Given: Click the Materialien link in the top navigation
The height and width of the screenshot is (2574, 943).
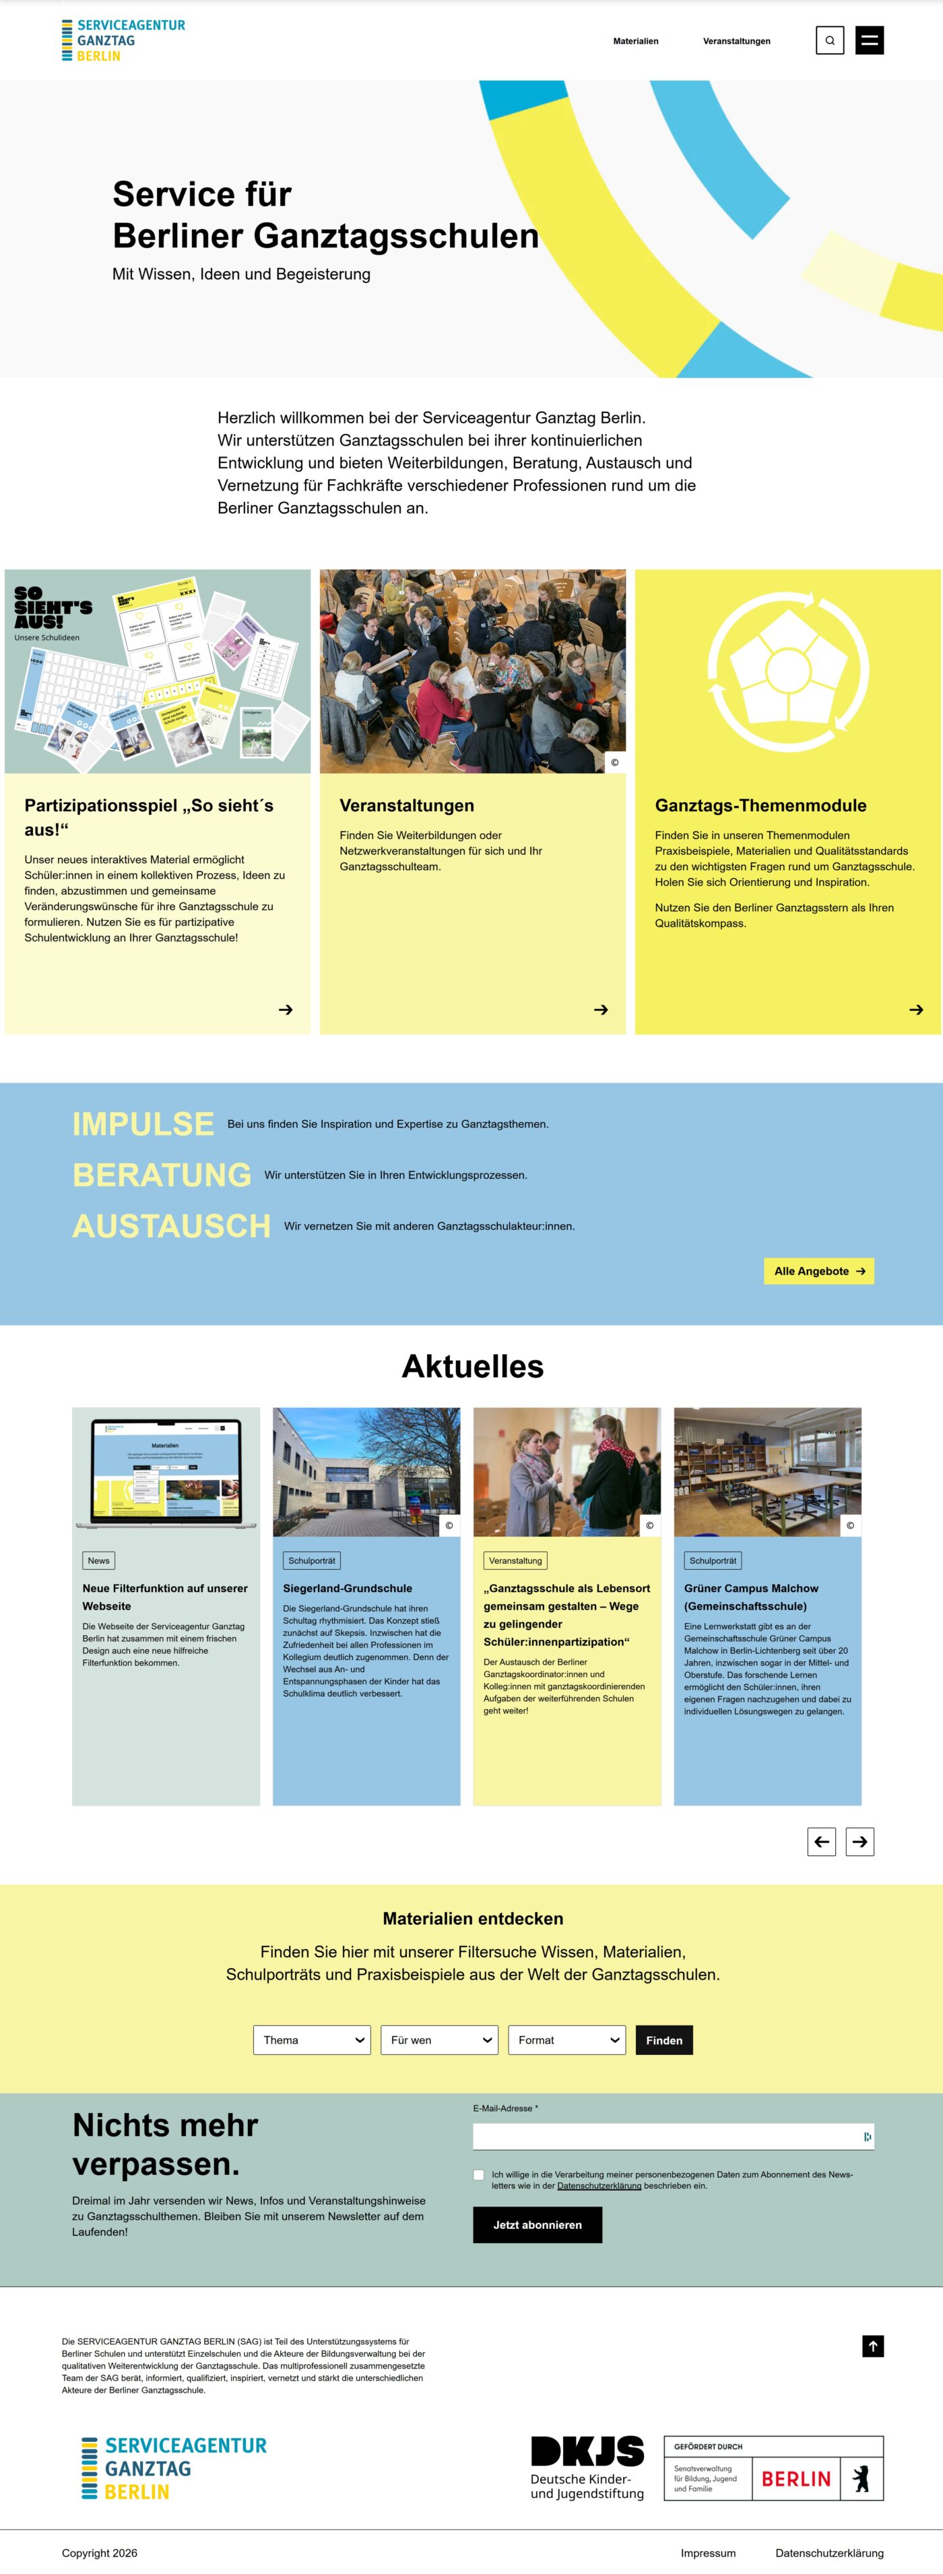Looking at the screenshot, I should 635,41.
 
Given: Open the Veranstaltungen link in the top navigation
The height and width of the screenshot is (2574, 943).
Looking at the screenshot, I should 736,41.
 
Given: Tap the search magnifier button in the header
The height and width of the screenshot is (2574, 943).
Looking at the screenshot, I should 829,41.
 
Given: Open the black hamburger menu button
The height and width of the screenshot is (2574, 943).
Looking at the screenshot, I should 869,41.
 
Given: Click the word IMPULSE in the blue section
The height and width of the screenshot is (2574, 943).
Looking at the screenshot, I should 143,1124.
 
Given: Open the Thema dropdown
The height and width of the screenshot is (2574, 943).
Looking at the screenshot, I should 312,2040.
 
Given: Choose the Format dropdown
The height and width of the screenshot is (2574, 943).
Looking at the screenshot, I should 566,2040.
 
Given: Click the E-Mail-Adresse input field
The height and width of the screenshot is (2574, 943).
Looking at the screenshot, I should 664,2137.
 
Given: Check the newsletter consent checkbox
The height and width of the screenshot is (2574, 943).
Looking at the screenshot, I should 478,2174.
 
